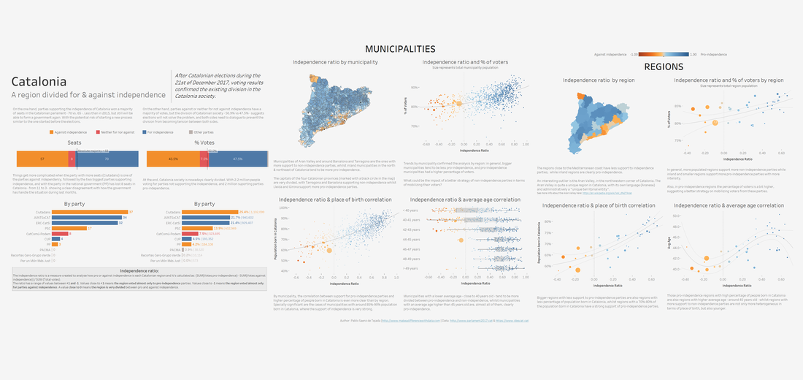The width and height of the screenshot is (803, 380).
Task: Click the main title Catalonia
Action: (x=39, y=82)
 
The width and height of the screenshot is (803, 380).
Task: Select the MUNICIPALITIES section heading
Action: (x=400, y=49)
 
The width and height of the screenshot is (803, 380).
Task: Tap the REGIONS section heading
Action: (x=663, y=66)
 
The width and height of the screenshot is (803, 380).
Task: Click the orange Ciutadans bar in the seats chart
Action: (x=80, y=212)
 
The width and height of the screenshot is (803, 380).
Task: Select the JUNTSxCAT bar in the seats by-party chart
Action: (x=78, y=218)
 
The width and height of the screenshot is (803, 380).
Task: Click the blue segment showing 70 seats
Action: (x=106, y=159)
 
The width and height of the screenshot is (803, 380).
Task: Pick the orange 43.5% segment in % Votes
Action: (x=173, y=159)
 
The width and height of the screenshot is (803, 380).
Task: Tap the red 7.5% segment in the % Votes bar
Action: (x=204, y=159)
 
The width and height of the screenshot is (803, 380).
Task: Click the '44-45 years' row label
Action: (x=413, y=239)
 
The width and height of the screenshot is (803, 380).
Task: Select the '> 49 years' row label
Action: (x=414, y=268)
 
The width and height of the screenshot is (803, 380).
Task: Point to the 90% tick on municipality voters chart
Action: (x=413, y=88)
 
